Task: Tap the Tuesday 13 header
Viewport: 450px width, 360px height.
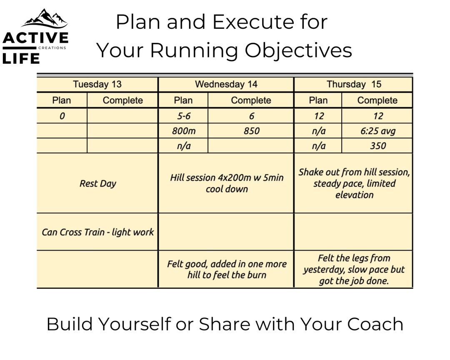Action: click(97, 84)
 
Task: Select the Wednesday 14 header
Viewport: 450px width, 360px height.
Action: click(226, 84)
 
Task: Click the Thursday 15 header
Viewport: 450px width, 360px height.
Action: click(354, 84)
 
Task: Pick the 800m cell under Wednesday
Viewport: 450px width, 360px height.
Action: click(183, 131)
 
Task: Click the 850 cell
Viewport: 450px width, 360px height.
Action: click(251, 131)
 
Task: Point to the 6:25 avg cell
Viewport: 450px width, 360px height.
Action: click(377, 131)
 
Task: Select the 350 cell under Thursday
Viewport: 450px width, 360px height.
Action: click(377, 146)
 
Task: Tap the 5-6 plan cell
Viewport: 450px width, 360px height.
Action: click(183, 116)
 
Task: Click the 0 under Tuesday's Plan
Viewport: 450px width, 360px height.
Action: click(62, 116)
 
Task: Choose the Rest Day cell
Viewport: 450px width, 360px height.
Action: click(97, 183)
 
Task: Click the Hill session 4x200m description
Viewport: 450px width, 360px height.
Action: click(226, 183)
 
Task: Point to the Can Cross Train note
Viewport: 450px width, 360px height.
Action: click(97, 232)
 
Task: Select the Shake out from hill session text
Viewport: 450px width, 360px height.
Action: click(354, 183)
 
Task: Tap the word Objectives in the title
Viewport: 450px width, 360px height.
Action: click(298, 50)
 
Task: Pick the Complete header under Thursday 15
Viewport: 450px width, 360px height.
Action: click(377, 100)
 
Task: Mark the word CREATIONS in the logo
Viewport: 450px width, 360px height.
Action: click(52, 48)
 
